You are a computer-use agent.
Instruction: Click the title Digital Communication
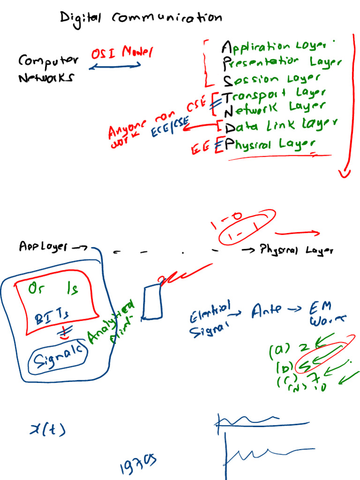pos(141,18)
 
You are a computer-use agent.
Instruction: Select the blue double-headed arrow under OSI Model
pos(115,67)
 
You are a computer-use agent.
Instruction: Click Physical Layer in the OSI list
pos(270,143)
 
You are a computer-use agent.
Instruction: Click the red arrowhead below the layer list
pos(345,173)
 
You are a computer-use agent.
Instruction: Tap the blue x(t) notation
pos(47,428)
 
